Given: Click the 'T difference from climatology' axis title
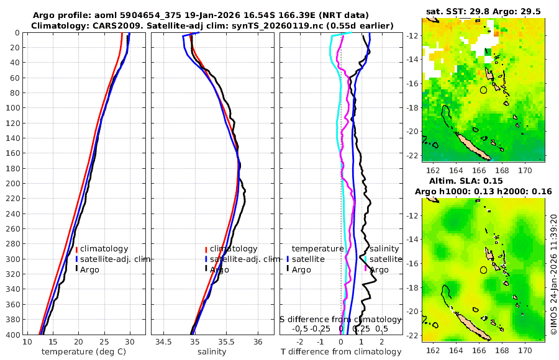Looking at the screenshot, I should [342, 352].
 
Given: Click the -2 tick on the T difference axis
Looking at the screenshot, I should [301, 341].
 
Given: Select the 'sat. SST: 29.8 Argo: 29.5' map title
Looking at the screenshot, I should [483, 11].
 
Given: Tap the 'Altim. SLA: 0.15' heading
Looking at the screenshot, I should [483, 180].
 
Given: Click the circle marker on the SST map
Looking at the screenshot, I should [483, 90].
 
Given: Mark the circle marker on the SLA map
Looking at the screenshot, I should [483, 270].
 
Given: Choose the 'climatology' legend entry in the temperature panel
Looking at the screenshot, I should [104, 248].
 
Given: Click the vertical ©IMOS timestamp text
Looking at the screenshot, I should [553, 274].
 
